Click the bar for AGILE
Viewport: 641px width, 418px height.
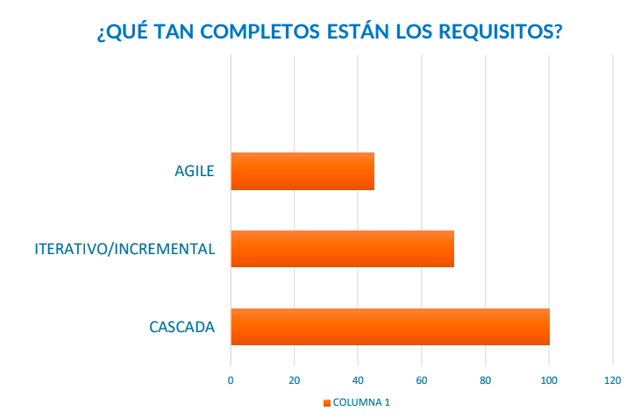tap(303, 171)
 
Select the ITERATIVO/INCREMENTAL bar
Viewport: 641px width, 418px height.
tap(342, 249)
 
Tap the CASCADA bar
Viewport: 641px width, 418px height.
tap(389, 327)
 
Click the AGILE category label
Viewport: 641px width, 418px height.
tap(194, 171)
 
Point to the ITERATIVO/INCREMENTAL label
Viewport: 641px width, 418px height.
tap(125, 249)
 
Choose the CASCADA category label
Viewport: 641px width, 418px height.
tap(182, 328)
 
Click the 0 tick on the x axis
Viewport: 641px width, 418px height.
tap(231, 380)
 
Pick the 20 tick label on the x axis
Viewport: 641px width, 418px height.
tap(294, 380)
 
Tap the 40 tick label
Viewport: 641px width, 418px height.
tap(358, 380)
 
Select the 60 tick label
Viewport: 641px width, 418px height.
tap(422, 380)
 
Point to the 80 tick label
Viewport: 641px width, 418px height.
tap(485, 380)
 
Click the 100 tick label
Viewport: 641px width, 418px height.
tap(549, 380)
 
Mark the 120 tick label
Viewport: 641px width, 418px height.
tap(612, 380)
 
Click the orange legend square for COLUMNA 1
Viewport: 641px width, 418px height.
tap(327, 403)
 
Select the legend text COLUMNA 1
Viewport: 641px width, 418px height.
tap(362, 403)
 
